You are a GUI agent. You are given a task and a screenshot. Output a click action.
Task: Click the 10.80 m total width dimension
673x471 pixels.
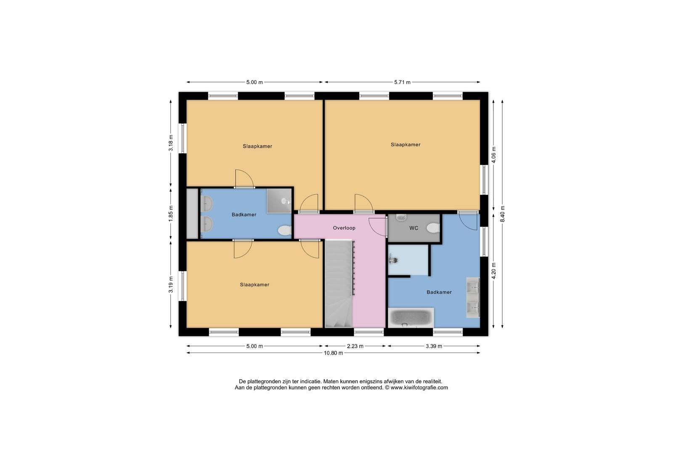(x=333, y=353)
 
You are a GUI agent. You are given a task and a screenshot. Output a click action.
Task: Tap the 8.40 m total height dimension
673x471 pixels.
(x=502, y=214)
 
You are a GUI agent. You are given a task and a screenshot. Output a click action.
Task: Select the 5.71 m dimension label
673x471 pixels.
(x=402, y=82)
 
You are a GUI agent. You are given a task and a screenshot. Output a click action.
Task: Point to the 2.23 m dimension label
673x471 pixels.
(x=355, y=346)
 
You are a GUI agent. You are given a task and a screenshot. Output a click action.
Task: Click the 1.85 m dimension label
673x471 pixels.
(x=171, y=214)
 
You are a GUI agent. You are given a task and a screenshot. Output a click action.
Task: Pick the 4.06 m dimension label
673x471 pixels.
(x=494, y=155)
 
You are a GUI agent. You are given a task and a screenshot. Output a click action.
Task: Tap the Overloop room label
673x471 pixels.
(x=344, y=228)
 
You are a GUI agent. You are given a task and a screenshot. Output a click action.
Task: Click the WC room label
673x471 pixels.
(x=414, y=228)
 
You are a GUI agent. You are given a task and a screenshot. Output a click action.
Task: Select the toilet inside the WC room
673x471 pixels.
(x=433, y=228)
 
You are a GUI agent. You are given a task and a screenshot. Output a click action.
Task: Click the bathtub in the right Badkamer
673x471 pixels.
(x=411, y=318)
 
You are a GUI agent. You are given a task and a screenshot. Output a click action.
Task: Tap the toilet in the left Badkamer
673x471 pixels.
(x=284, y=231)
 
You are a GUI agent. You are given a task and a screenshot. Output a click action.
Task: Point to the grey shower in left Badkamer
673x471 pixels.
(x=279, y=201)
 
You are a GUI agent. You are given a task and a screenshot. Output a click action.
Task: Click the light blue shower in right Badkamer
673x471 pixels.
(x=408, y=260)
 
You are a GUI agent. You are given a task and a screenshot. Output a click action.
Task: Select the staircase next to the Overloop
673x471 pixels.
(x=339, y=283)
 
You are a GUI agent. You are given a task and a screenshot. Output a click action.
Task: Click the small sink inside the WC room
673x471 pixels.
(x=401, y=217)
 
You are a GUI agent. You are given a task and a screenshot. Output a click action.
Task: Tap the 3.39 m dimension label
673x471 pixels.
(x=434, y=346)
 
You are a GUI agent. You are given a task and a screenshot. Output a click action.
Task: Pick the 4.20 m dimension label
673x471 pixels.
(x=494, y=271)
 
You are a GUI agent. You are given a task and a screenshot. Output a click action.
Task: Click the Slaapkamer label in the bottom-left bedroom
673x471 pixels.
(x=254, y=285)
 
